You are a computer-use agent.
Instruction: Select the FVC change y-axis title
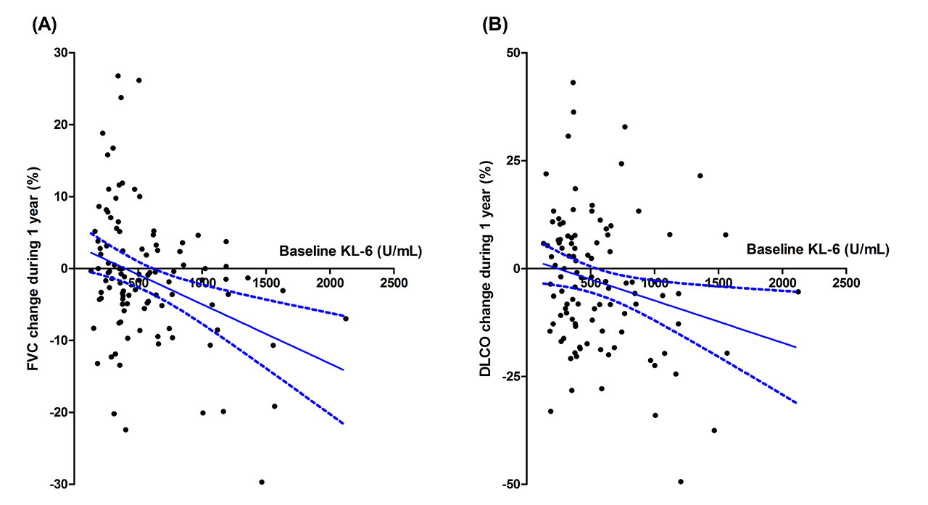[33, 269]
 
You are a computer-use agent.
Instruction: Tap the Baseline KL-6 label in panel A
[351, 251]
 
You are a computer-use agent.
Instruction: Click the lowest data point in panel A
[262, 482]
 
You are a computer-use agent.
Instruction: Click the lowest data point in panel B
[681, 481]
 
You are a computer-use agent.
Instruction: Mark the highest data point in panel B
[573, 83]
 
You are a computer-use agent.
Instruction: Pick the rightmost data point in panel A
[346, 319]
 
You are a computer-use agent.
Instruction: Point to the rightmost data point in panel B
[797, 291]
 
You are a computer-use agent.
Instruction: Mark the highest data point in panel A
[117, 75]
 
